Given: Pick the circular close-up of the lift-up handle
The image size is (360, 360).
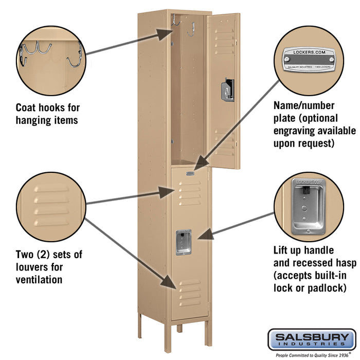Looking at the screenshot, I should tap(309, 206).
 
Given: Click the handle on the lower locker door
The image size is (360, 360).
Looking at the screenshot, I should tap(184, 242).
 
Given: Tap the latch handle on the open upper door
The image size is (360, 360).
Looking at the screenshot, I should tap(228, 89).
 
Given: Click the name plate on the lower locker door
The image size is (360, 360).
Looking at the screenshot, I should tap(191, 174).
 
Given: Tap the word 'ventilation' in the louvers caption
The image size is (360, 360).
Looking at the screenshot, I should tap(39, 280).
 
